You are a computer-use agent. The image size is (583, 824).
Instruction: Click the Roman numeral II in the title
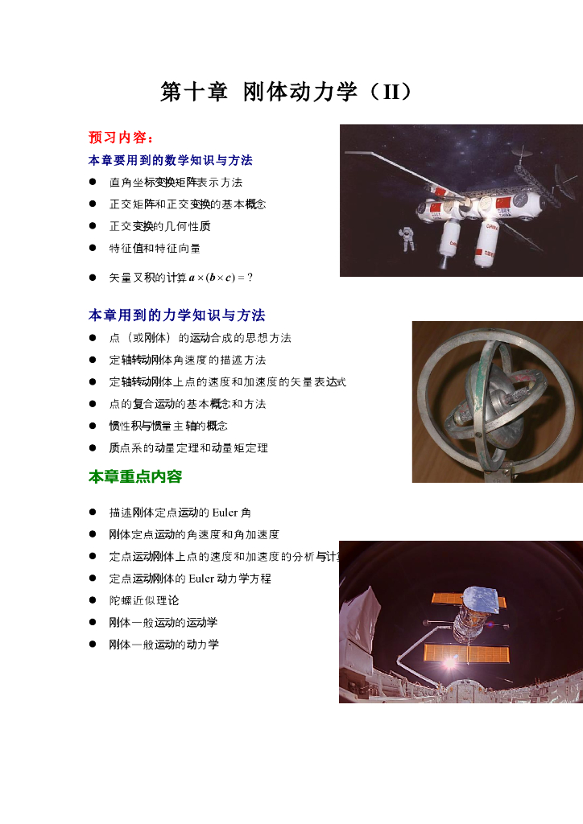[391, 92]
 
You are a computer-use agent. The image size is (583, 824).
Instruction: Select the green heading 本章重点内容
[135, 476]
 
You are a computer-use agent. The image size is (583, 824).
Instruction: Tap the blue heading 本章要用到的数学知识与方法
[171, 160]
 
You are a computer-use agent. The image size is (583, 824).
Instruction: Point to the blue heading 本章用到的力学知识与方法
[176, 315]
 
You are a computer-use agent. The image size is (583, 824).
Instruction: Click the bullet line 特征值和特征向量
[155, 248]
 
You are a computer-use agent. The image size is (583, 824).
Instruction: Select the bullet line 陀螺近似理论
[144, 600]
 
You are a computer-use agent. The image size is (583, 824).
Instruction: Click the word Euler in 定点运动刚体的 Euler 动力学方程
[201, 579]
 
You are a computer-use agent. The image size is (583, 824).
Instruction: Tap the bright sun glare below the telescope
[449, 662]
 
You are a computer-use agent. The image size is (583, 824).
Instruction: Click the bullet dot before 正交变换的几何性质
[93, 226]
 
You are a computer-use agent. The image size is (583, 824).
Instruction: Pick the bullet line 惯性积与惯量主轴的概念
[168, 426]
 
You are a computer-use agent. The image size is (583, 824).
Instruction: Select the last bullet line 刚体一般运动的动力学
[163, 645]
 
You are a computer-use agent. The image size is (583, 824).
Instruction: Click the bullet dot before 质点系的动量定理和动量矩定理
[93, 447]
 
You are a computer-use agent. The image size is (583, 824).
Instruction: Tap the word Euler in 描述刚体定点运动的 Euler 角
[225, 513]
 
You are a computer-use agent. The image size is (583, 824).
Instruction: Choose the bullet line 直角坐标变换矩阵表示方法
[176, 183]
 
